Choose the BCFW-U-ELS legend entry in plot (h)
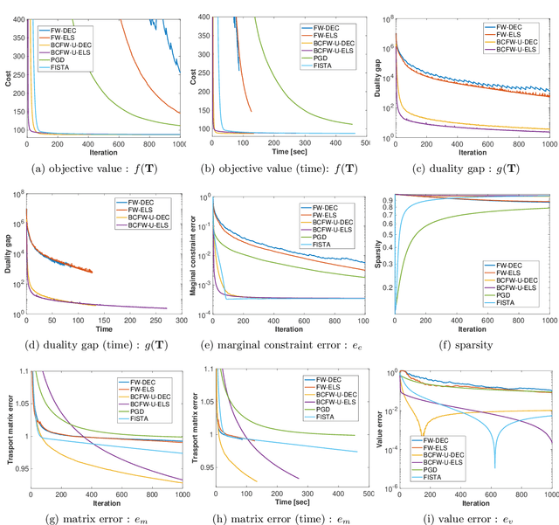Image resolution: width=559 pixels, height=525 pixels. click(323, 407)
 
